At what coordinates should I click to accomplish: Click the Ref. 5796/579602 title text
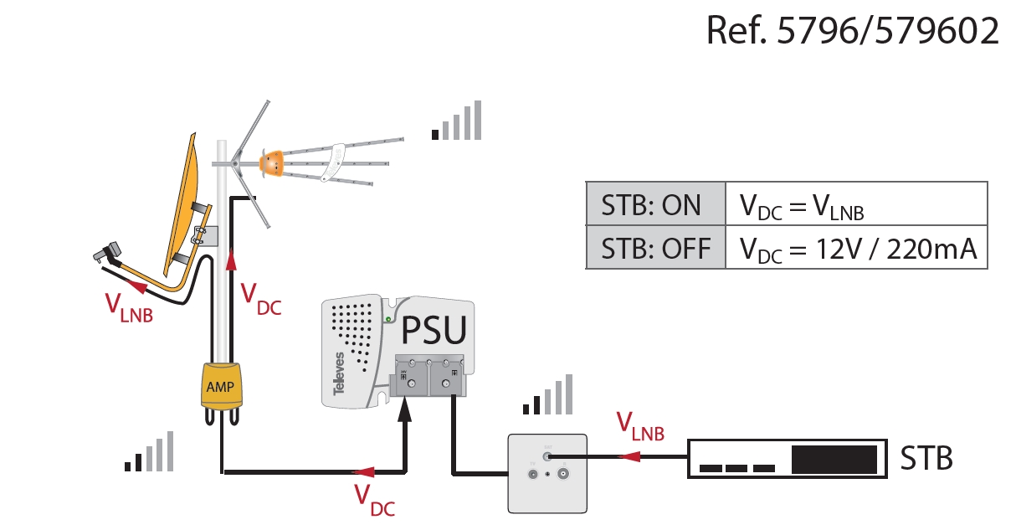[x=853, y=30]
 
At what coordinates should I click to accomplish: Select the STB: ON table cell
[x=654, y=203]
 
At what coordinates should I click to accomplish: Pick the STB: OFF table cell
[x=654, y=248]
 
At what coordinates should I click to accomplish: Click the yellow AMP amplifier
[x=220, y=386]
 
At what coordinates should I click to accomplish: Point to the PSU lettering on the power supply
[x=434, y=330]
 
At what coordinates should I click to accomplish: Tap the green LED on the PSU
[x=387, y=318]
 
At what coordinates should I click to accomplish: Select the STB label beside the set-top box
[x=926, y=458]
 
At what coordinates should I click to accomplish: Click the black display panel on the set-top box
[x=834, y=460]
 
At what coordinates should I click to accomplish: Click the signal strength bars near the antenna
[x=457, y=121]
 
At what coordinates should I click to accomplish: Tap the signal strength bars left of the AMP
[x=150, y=451]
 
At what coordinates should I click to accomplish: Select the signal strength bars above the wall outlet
[x=548, y=394]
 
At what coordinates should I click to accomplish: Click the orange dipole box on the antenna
[x=272, y=162]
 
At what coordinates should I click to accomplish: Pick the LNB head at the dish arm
[x=109, y=252]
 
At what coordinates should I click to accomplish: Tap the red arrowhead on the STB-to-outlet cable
[x=633, y=456]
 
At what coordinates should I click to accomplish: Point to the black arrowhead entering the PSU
[x=406, y=408]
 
